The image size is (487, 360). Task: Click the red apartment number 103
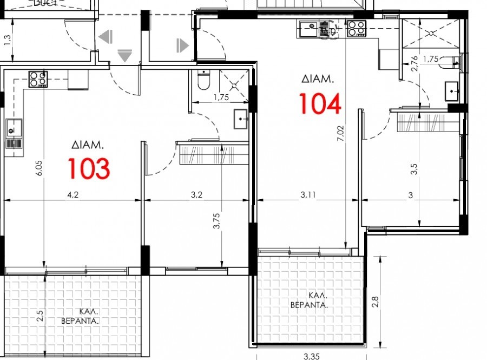pos(89,168)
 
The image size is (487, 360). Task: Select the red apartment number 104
pos(320,104)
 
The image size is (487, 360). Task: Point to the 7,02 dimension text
pos(339,133)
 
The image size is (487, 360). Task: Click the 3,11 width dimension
pos(308,195)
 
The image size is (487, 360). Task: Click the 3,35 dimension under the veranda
pos(311,356)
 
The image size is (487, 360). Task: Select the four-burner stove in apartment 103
pos(38,79)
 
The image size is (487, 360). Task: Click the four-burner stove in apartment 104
pos(356,28)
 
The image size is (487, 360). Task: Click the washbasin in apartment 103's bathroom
pos(241,119)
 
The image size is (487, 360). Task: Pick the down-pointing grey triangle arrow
pos(125,55)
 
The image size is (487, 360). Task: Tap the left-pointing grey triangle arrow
pos(106,37)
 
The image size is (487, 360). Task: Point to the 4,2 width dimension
pos(73,195)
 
